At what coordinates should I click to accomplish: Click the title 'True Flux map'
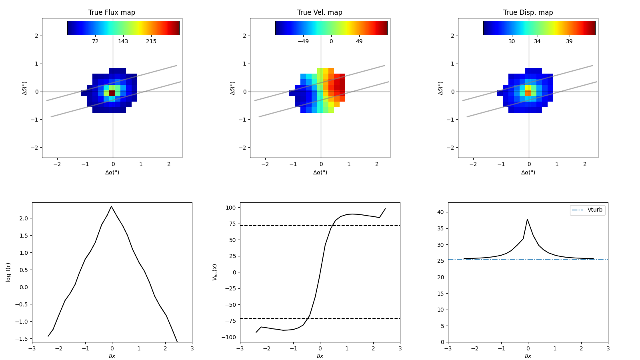(x=112, y=12)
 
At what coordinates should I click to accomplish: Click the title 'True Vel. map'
(x=320, y=12)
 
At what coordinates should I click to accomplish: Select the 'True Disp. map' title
(x=528, y=12)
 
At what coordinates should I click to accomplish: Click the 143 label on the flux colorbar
(x=123, y=42)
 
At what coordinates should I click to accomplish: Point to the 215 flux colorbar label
(x=151, y=42)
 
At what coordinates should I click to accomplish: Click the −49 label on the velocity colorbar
(x=303, y=42)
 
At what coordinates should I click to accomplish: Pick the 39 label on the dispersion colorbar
(x=569, y=42)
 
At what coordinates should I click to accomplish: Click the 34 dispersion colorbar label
(x=537, y=42)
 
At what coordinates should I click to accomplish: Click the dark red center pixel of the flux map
(x=112, y=93)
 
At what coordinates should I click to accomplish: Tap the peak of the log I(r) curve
(x=112, y=206)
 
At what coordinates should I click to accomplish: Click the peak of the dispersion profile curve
(x=527, y=219)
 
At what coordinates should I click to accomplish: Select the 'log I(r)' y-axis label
(x=8, y=272)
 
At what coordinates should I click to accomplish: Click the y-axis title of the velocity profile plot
(x=215, y=272)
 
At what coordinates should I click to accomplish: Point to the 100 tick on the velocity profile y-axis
(x=230, y=208)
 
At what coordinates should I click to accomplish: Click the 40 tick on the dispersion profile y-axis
(x=440, y=212)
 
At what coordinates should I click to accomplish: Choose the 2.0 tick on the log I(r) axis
(x=23, y=218)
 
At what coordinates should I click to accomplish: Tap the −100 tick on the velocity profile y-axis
(x=228, y=337)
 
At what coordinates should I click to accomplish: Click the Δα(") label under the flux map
(x=112, y=172)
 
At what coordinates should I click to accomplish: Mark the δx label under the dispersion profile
(x=528, y=356)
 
